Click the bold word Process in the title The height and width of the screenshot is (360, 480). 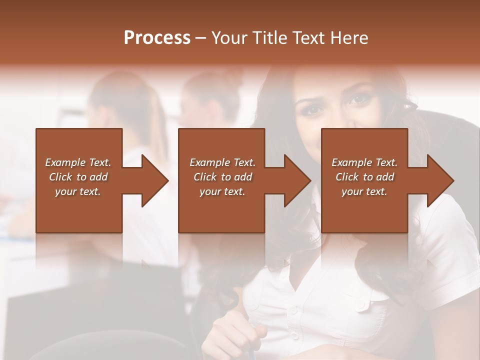(157, 38)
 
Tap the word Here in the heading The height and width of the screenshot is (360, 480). (348, 38)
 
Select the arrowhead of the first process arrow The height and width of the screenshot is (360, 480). (155, 181)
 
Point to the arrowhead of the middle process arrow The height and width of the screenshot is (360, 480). (297, 181)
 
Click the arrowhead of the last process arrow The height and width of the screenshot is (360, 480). (440, 181)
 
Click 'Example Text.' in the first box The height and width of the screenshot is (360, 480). (78, 162)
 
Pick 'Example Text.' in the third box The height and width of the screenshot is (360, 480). (364, 162)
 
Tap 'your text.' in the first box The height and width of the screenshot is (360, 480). (78, 191)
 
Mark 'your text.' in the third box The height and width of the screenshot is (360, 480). (364, 191)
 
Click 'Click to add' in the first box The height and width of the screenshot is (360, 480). (78, 177)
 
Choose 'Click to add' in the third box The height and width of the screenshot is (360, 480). (364, 177)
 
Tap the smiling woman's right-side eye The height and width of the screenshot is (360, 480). (359, 99)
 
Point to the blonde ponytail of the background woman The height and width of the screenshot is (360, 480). (157, 125)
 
